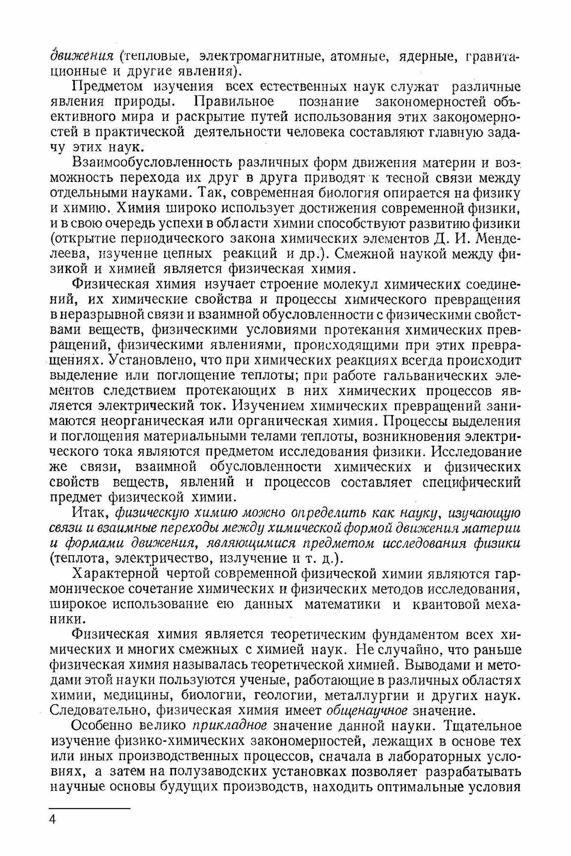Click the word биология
347,193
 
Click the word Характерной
113,574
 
